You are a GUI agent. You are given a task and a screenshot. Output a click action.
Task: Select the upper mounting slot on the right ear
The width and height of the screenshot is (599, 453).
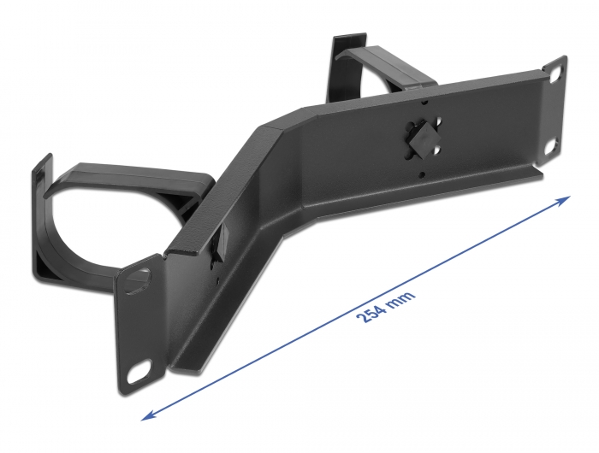(x=553, y=74)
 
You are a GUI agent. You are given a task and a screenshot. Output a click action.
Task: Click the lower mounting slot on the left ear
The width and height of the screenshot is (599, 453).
(x=138, y=374)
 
